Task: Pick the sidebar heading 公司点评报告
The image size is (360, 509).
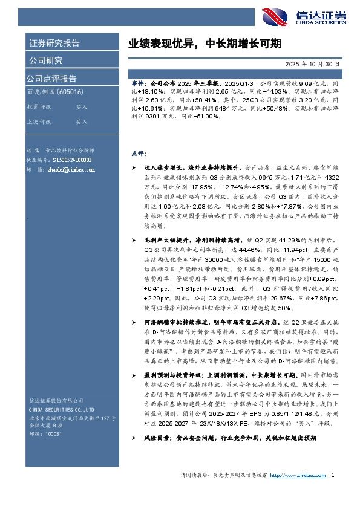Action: (51, 78)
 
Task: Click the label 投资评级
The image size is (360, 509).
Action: (38, 106)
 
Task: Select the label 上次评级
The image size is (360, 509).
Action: (38, 122)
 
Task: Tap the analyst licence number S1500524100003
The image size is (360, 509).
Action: (72, 160)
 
